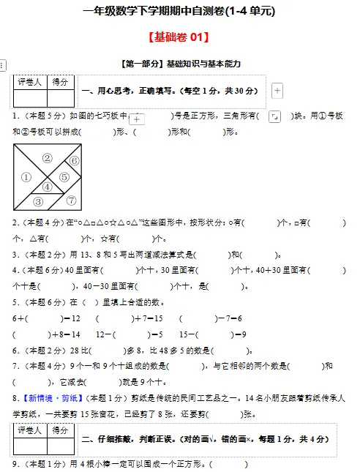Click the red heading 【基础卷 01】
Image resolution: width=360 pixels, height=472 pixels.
[180, 37]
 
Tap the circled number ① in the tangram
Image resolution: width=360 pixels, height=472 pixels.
[26, 176]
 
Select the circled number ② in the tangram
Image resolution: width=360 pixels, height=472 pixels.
[47, 157]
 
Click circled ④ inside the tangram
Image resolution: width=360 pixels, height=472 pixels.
[47, 187]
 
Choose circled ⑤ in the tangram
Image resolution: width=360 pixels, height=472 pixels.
[64, 176]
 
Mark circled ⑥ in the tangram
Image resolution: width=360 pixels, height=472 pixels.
[74, 160]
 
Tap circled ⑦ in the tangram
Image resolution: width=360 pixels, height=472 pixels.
[71, 200]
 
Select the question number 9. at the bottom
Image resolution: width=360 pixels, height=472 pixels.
[15, 464]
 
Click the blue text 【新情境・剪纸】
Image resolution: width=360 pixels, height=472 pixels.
[51, 398]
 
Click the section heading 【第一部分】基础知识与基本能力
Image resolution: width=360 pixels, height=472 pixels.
[179, 64]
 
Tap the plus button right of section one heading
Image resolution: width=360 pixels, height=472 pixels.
[277, 91]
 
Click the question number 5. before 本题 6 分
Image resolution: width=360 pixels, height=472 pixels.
[15, 302]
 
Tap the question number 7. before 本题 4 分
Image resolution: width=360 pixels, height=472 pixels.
[15, 366]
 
